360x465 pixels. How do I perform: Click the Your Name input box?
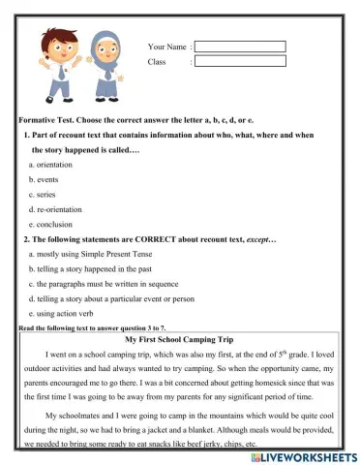click(x=241, y=46)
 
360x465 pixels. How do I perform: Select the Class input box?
click(x=241, y=61)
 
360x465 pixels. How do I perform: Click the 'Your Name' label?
click(x=166, y=46)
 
